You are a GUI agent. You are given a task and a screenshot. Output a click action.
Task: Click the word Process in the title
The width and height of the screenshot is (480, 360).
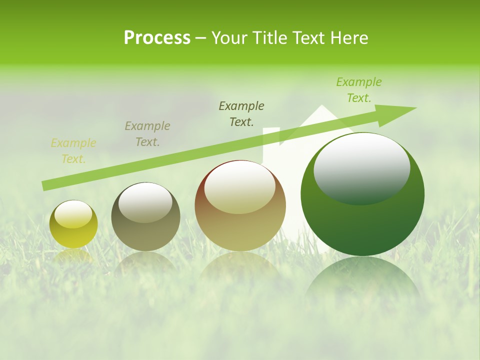pos(157,38)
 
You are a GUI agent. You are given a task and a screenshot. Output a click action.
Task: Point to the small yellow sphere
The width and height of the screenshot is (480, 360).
pos(73,224)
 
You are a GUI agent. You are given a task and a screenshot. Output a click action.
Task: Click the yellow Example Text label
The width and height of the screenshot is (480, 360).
pos(73,151)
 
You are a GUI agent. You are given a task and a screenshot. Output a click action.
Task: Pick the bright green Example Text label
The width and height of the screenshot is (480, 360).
pos(359,90)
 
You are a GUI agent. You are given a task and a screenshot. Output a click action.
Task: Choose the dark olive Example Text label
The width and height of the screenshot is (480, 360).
pos(241,113)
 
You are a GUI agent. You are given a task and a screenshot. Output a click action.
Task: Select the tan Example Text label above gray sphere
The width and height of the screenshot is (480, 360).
pos(147,134)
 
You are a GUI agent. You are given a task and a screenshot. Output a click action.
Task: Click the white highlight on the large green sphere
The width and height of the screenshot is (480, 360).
pos(361,168)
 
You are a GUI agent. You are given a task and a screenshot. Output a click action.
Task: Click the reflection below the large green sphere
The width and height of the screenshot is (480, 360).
pos(362,282)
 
